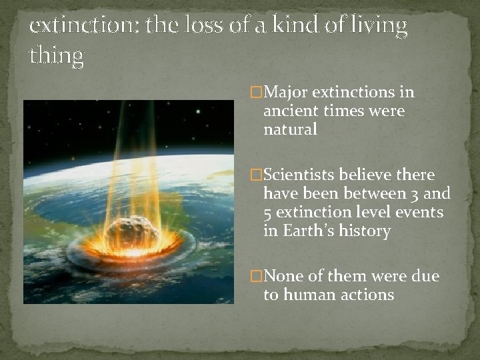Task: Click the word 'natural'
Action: coord(290,129)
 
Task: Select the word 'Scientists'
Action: coord(301,175)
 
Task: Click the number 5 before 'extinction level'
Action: coord(268,212)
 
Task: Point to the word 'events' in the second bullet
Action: coord(419,212)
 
